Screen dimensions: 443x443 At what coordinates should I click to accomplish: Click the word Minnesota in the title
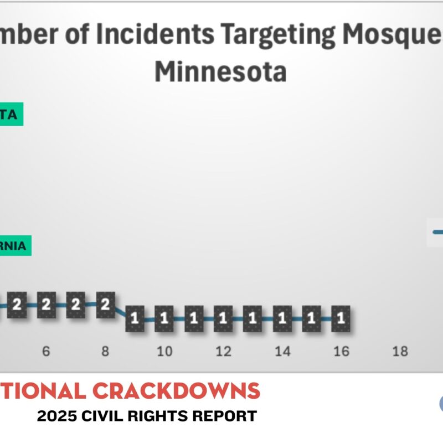coord(220,71)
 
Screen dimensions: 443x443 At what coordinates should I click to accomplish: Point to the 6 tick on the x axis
coord(47,351)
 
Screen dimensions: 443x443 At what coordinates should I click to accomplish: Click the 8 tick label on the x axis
coord(105,351)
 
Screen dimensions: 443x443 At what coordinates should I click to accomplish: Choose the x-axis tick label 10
coord(164,351)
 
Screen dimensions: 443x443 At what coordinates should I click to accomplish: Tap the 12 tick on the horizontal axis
coord(223,351)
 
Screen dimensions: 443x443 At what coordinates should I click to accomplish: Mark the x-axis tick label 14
coord(282,351)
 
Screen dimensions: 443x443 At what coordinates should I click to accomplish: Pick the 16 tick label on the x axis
coord(342,351)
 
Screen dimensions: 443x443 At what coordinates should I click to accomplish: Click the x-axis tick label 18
coord(400,351)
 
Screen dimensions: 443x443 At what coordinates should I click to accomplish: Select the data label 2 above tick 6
coord(47,305)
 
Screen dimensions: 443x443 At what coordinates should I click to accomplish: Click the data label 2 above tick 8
coord(105,305)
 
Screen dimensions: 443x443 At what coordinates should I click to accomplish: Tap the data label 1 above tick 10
coord(164,318)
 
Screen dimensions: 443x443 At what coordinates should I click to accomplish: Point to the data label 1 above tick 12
coord(223,318)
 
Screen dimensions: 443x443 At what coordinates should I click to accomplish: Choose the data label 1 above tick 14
coord(282,318)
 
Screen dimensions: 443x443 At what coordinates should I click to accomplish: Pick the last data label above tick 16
coord(342,318)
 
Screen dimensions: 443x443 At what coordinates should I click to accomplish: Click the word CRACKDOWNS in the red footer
coord(176,390)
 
